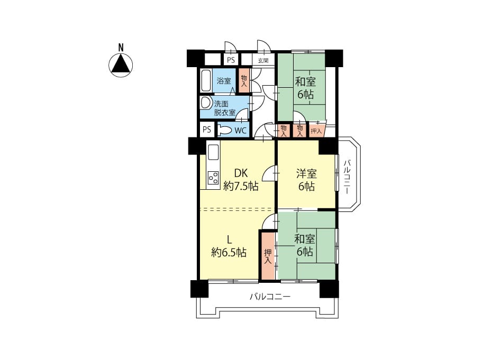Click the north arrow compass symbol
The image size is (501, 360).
coord(121,65)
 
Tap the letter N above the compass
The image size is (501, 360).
coord(121,48)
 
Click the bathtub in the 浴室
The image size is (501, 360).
coord(206,80)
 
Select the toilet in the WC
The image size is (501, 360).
coord(225,130)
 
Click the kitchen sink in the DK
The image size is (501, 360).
coord(213,152)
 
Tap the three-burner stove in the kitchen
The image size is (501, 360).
coord(213,178)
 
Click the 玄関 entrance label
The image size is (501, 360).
coord(263,61)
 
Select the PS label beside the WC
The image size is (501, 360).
coord(207,130)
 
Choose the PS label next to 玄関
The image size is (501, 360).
coord(231,60)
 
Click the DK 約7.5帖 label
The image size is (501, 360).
coord(241,180)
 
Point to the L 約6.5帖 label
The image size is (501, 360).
coord(229,246)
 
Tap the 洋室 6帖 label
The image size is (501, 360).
coord(306,180)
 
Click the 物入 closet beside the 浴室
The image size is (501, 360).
coord(244,81)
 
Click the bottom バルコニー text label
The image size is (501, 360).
coord(270,297)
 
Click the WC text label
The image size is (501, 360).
coord(240,130)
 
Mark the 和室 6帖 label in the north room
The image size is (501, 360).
coord(305,88)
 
